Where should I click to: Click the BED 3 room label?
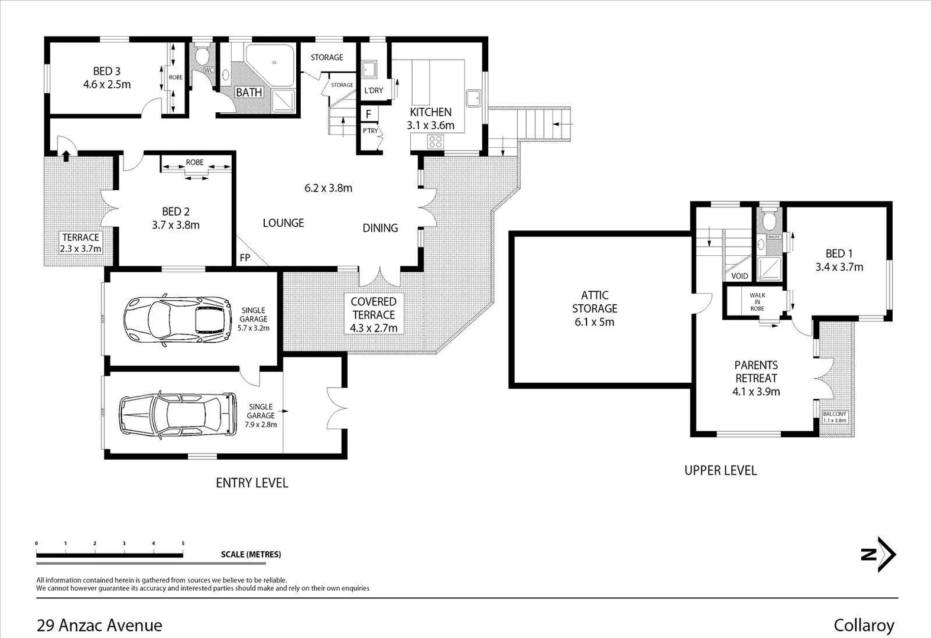106,71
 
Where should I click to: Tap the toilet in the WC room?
202,57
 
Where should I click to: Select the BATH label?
249,92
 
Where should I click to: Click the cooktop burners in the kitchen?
436,141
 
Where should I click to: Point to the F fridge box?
368,114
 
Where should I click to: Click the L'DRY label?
374,90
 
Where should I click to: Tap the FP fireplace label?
245,258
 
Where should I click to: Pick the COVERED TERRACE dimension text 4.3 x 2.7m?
374,328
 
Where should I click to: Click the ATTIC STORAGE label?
594,301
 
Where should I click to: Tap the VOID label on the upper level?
739,276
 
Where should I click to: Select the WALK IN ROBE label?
757,301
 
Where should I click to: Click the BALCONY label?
835,414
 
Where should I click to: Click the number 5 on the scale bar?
183,543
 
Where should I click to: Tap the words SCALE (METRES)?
251,554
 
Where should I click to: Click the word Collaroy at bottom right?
864,625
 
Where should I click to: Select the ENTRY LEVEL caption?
252,483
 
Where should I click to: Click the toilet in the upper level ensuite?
769,222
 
